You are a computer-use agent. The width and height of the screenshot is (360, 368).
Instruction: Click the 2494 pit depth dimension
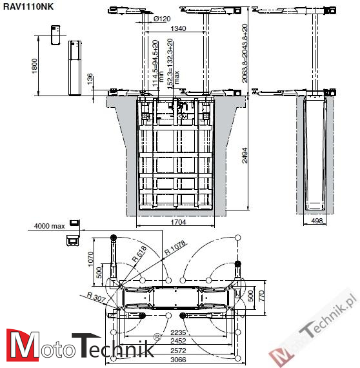pyautogui.click(x=243, y=155)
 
